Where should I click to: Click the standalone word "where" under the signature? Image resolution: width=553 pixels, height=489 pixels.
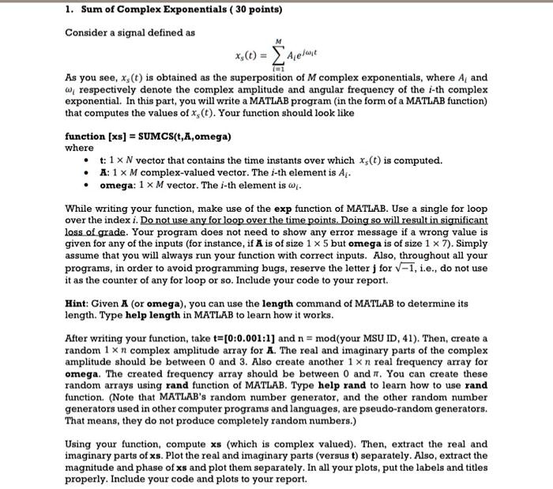click(x=79, y=147)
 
